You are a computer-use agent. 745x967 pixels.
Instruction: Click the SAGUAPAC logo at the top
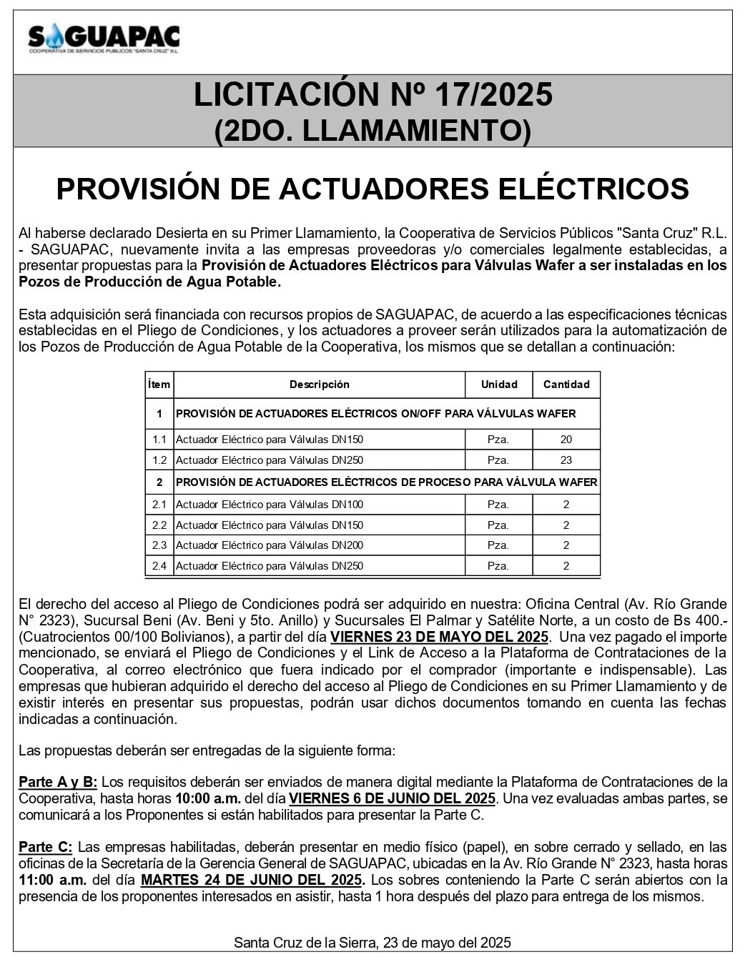click(x=104, y=39)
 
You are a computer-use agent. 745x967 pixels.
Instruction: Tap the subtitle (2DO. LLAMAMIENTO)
click(x=372, y=130)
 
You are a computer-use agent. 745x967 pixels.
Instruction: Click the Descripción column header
click(x=319, y=385)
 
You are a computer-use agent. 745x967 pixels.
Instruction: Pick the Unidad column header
click(x=498, y=385)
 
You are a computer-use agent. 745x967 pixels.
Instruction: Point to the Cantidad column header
click(x=566, y=385)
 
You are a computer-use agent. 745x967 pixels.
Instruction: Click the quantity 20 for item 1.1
click(x=566, y=440)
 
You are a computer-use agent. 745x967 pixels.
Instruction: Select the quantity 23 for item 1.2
click(x=566, y=460)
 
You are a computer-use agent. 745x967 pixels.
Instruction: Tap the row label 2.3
click(x=159, y=545)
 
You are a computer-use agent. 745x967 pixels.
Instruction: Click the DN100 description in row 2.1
click(x=270, y=505)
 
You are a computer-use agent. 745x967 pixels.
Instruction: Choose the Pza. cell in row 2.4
click(x=498, y=566)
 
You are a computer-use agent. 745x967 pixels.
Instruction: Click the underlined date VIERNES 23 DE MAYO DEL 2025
click(x=440, y=637)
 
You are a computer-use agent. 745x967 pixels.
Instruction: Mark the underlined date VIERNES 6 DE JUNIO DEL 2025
click(x=393, y=798)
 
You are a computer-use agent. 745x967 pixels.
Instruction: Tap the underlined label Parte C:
click(x=45, y=847)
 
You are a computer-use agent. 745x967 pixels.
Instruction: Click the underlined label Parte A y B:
click(x=58, y=782)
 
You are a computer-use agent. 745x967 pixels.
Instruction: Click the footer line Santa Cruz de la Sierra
click(x=372, y=943)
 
